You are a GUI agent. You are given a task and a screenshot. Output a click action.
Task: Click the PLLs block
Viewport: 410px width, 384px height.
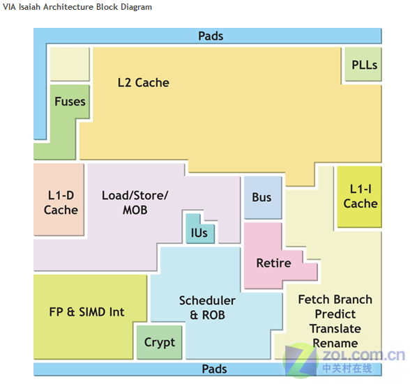[x=363, y=64]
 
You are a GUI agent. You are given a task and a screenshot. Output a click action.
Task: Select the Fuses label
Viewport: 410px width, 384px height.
[x=70, y=102]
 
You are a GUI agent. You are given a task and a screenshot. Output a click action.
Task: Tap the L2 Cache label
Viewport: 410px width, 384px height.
[x=144, y=83]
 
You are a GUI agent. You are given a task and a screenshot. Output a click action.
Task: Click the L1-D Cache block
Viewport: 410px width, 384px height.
[x=59, y=199]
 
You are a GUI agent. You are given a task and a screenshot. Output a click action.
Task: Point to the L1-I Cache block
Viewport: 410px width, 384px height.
[x=359, y=197]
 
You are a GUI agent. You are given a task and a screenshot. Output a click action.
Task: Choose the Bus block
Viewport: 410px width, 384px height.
[x=263, y=197]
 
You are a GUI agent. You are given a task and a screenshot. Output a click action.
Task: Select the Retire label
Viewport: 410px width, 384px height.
[x=273, y=263]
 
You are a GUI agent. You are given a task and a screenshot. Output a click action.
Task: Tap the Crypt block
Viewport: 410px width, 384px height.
[x=159, y=342]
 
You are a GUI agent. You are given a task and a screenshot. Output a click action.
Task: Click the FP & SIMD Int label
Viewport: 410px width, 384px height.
[x=86, y=312]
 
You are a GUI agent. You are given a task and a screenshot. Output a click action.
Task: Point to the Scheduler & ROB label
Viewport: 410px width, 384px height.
[x=207, y=307]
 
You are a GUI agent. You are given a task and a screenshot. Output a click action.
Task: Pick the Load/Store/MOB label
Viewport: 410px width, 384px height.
[x=135, y=203]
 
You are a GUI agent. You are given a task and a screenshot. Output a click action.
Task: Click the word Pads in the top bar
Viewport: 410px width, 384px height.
[x=211, y=36]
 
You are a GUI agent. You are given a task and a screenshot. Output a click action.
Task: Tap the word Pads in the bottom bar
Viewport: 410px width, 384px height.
[x=215, y=369]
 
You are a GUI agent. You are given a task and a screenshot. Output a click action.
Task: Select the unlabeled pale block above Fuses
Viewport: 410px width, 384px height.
[x=70, y=64]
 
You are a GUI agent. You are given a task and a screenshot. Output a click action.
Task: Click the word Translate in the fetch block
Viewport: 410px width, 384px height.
[x=335, y=328]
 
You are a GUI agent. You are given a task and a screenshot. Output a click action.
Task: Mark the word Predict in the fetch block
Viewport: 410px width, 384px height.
[x=335, y=314]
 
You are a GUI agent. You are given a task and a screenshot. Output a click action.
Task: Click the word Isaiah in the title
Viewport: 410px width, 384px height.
[x=29, y=7]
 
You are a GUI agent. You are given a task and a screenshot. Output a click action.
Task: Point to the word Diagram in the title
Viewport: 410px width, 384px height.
[x=136, y=7]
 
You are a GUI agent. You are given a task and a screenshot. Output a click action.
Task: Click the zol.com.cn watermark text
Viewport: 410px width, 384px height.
[x=363, y=355]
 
